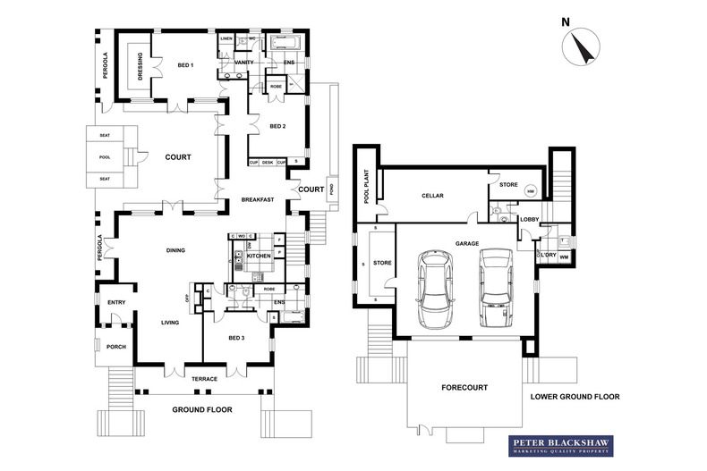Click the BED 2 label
[277, 126]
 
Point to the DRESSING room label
[139, 64]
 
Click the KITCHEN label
[259, 256]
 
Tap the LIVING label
[170, 323]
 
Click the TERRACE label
[206, 379]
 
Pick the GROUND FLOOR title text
[202, 410]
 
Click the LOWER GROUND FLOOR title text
[575, 396]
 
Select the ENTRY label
[116, 304]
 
